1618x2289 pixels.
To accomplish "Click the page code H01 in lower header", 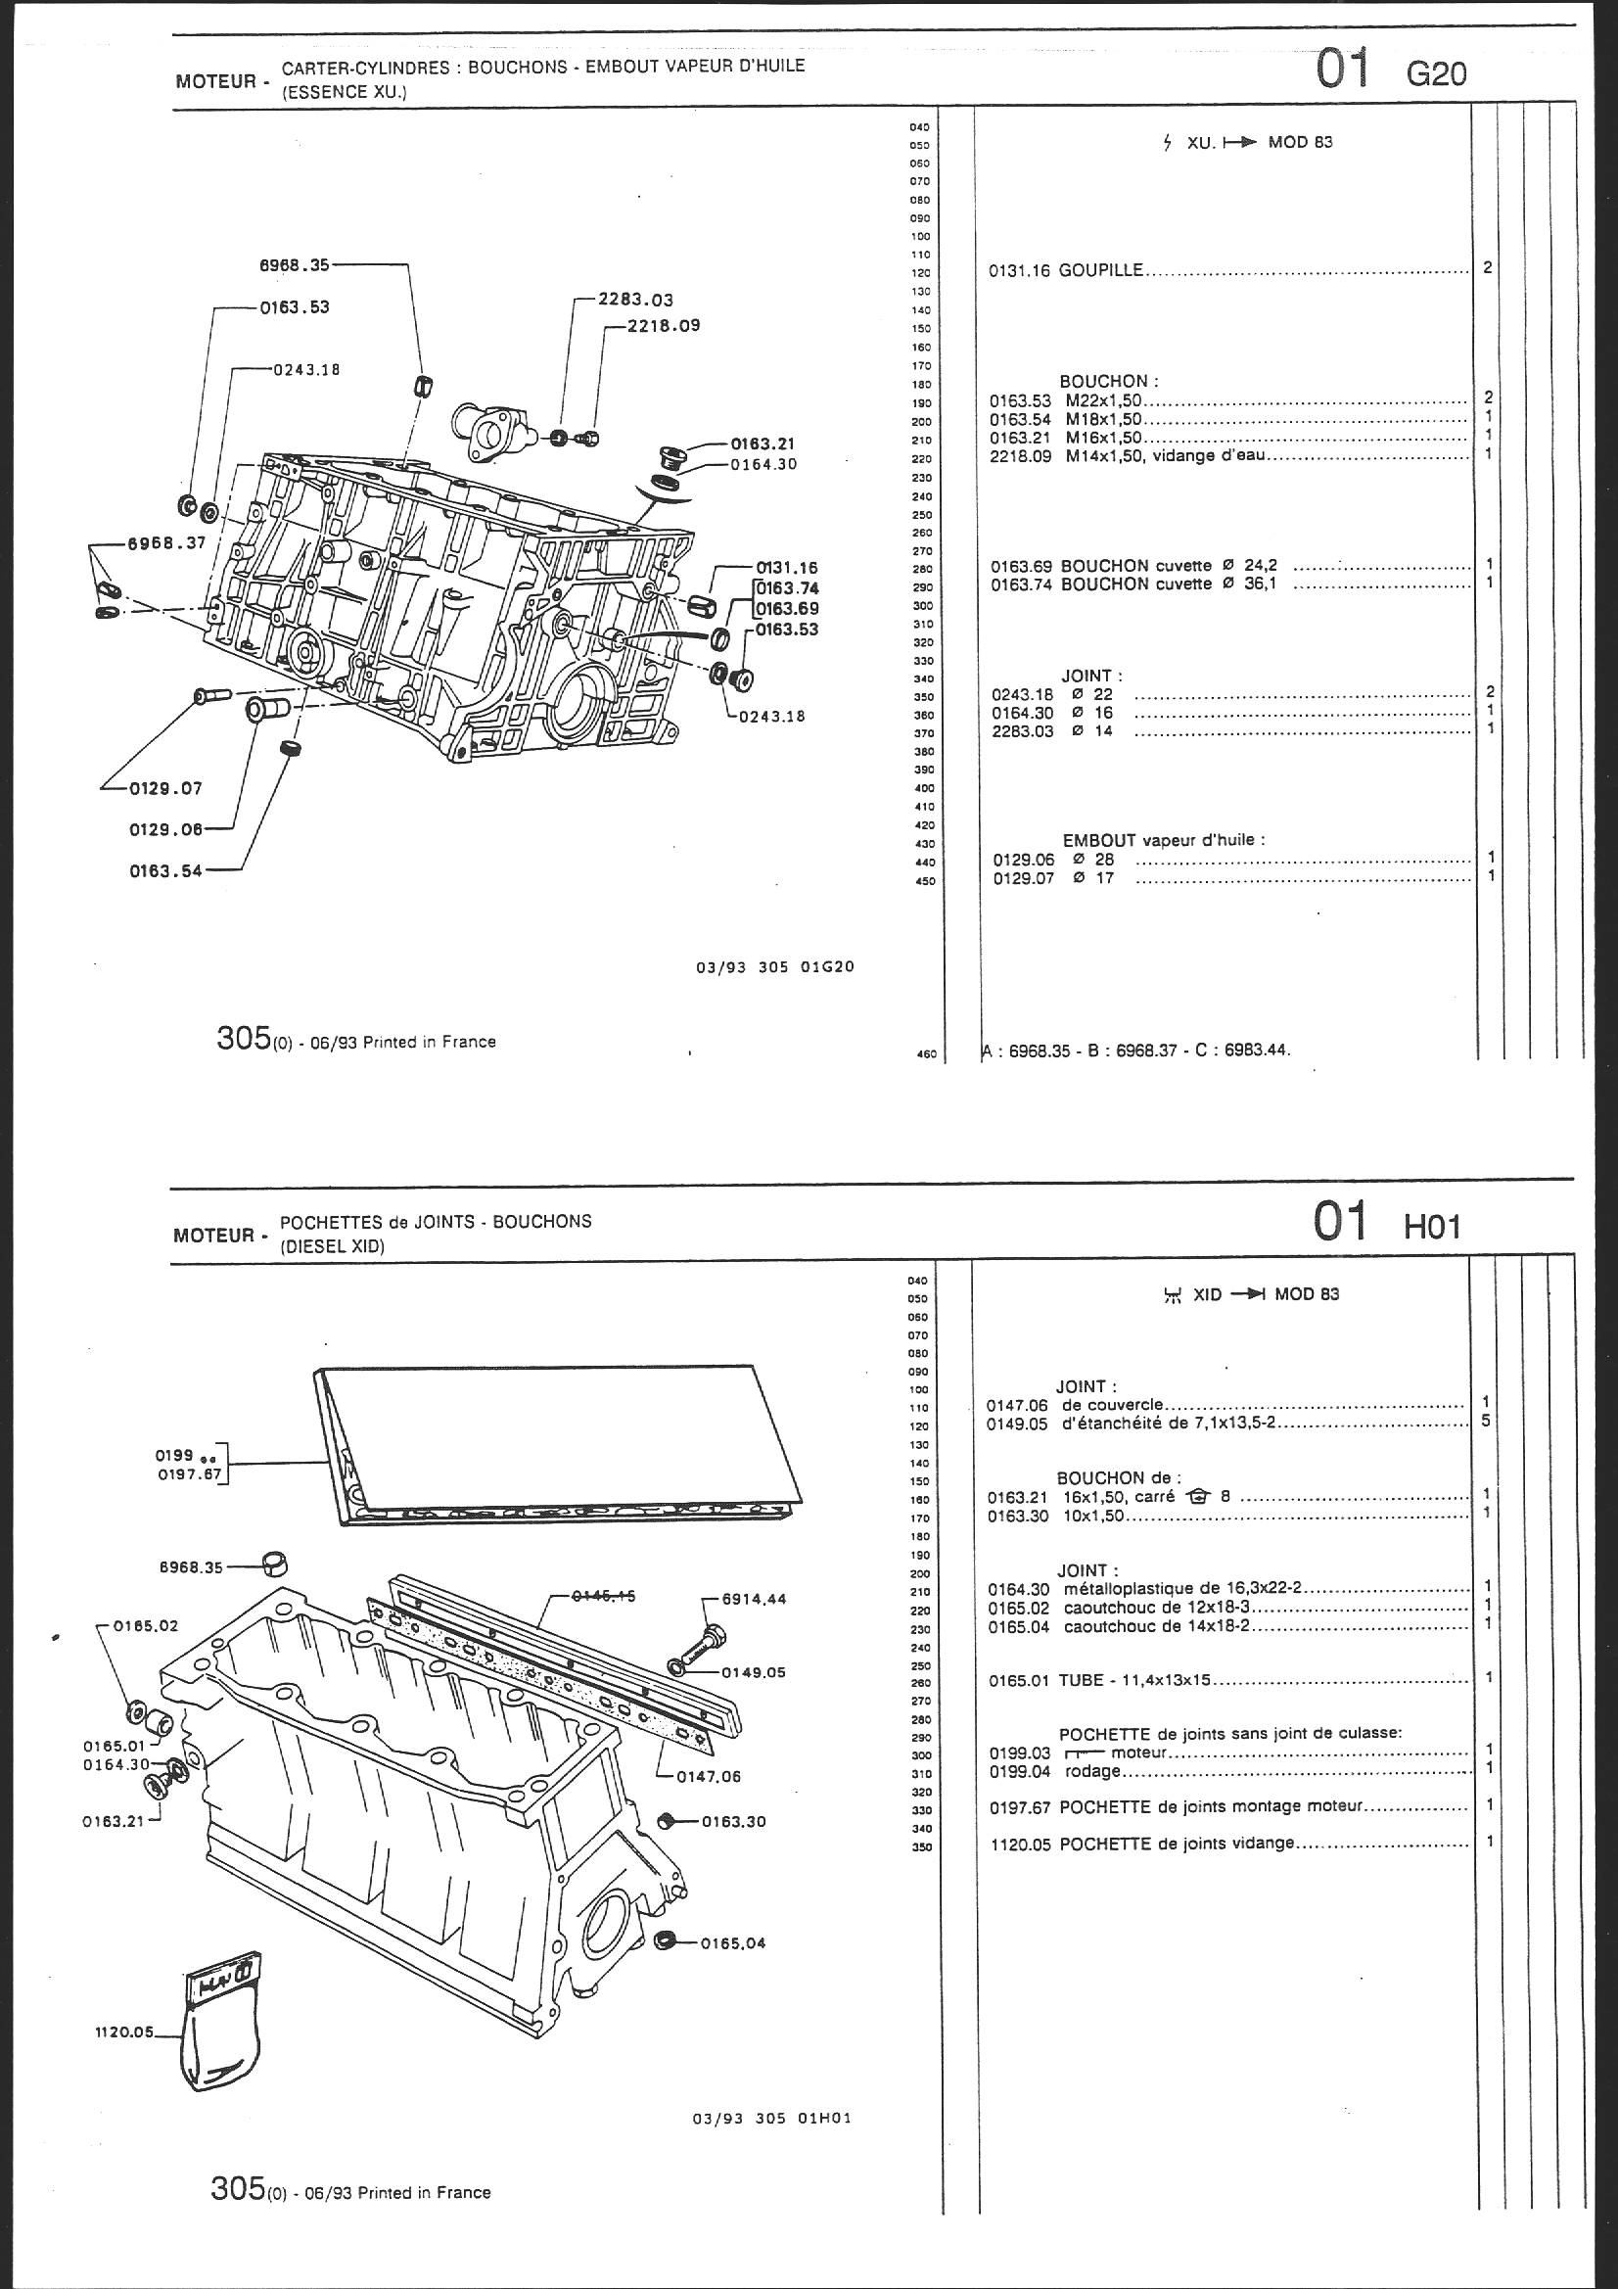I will (x=1432, y=1226).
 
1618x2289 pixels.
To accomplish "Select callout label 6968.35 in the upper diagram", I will (x=294, y=265).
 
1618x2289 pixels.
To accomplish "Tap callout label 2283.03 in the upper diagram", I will (x=636, y=299).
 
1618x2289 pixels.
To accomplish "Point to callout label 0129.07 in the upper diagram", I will (x=164, y=788).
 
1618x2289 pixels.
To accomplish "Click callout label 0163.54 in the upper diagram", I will (x=165, y=870).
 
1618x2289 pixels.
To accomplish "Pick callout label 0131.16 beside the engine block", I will (x=787, y=568).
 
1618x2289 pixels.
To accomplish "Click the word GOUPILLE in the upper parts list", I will (x=1100, y=270).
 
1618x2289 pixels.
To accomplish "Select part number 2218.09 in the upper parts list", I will (x=1021, y=455).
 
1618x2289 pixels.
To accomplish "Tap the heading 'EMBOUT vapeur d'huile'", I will (x=1163, y=839).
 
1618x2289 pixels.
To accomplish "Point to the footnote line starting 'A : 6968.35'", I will (x=1136, y=1050).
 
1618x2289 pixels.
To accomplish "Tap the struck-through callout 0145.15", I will (x=603, y=1595).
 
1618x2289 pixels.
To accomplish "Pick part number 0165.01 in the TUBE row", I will (x=1018, y=1680).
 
